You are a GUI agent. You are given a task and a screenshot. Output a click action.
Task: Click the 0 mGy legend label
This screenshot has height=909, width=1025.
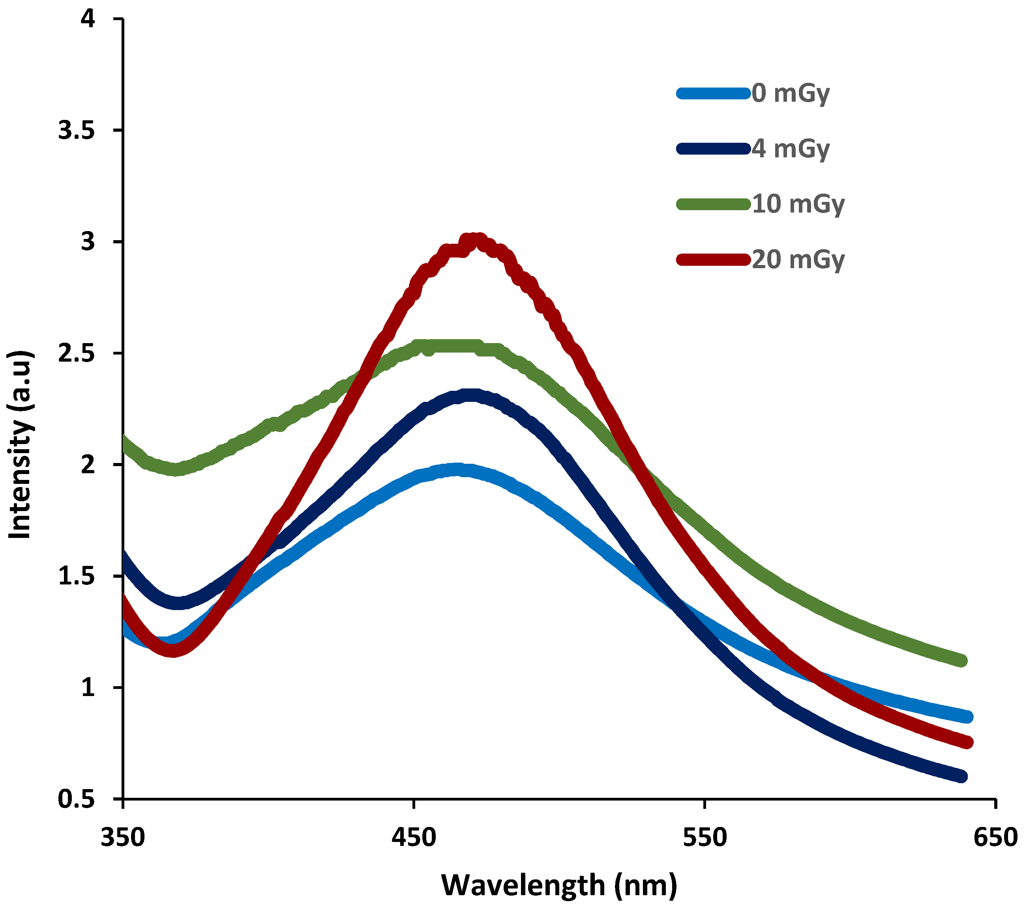coord(791,94)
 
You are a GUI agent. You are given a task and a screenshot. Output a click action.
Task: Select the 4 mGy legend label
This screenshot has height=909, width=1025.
coord(791,149)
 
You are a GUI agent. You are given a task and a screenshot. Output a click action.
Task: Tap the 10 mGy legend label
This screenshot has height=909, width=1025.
coord(798,204)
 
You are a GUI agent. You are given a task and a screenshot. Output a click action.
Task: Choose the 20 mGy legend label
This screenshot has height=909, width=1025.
coord(798,259)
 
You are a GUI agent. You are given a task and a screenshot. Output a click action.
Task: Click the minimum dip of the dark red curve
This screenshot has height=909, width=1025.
coord(173,650)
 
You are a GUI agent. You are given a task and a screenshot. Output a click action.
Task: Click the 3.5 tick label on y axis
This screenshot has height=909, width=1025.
coord(76,131)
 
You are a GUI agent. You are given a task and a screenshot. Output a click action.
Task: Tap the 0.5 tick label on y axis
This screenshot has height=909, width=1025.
coord(76,799)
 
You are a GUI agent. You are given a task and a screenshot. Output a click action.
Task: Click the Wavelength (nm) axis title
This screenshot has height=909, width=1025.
coord(559,885)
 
